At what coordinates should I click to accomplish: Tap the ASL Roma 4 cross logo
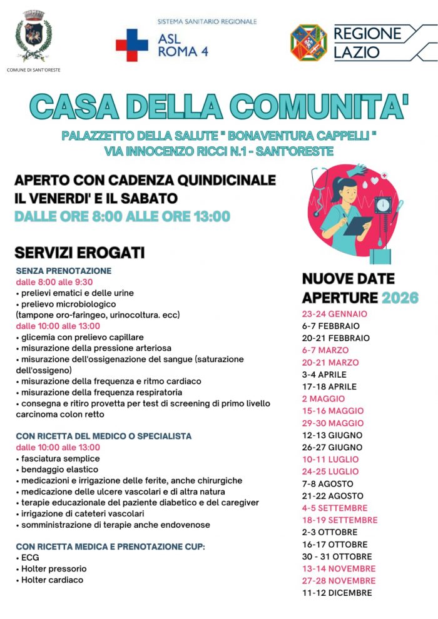click(x=131, y=45)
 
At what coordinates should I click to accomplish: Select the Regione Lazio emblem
click(x=308, y=43)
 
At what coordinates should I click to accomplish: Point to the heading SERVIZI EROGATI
click(x=79, y=253)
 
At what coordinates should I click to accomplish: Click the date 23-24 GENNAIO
click(x=334, y=314)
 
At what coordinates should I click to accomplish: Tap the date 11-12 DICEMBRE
click(x=337, y=593)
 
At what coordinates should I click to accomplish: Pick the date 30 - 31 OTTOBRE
click(x=337, y=556)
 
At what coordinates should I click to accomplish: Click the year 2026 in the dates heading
click(x=400, y=298)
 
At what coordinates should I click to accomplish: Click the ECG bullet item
click(x=29, y=557)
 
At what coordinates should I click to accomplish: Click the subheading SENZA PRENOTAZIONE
click(x=64, y=271)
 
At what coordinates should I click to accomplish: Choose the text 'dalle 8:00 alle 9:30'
click(x=55, y=282)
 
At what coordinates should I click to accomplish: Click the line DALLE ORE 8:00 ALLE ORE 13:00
click(x=123, y=217)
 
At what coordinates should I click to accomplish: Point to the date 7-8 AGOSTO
click(x=327, y=484)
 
